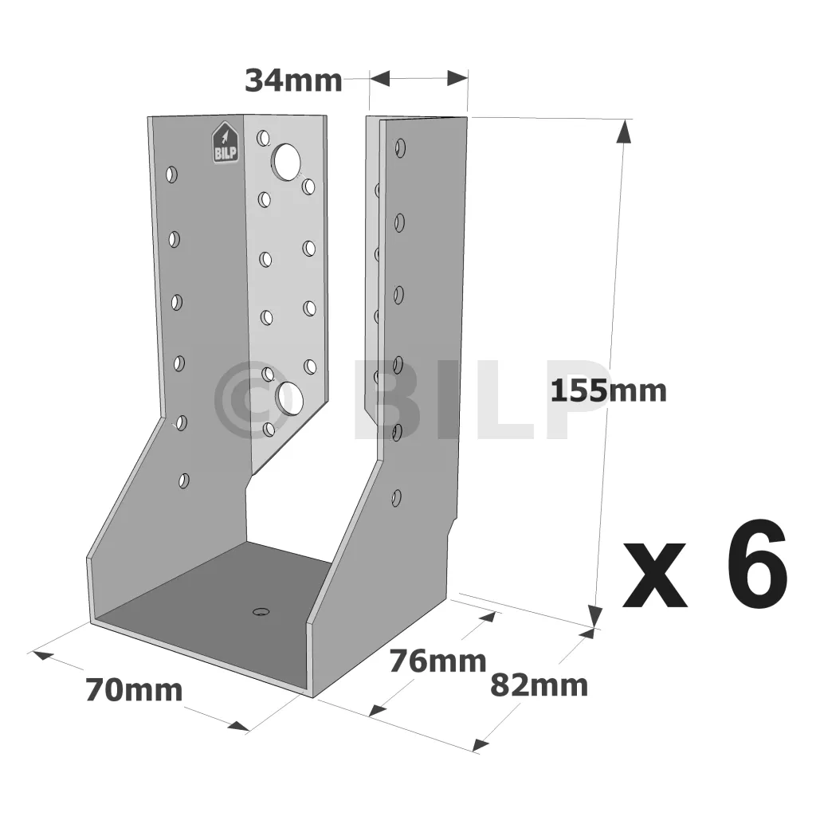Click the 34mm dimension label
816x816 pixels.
coord(293,81)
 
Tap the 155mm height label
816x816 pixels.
coord(608,390)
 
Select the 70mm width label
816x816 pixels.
coord(134,690)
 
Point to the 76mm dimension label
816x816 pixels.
coord(438,661)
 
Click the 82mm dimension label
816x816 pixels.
coord(539,685)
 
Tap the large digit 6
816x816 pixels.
coord(757,563)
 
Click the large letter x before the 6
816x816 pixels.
coord(655,575)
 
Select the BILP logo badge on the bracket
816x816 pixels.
coord(225,142)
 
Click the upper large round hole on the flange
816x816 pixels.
coord(286,161)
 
